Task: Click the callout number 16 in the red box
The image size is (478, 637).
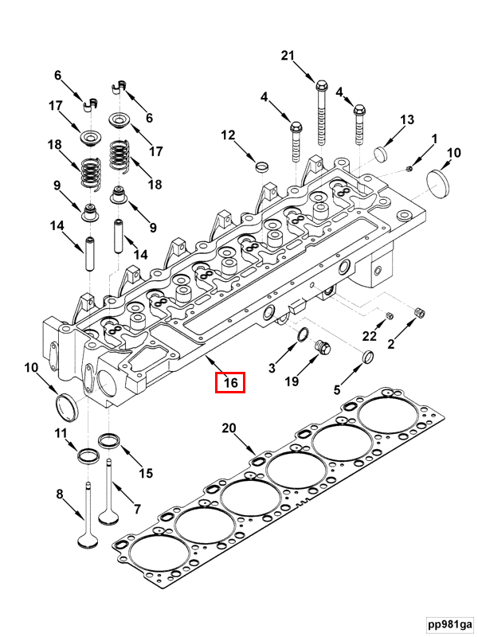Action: pos(230,383)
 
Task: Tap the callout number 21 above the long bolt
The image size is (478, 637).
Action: pos(288,55)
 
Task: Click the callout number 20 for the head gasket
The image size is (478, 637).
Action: pos(229,428)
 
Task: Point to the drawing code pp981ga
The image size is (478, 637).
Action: pos(449,623)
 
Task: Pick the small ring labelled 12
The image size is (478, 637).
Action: pos(261,166)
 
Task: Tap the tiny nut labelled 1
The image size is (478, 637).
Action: pos(408,167)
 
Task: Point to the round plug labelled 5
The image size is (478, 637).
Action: pos(369,356)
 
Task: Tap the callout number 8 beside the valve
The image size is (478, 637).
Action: pos(59,494)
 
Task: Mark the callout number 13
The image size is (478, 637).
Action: pos(407,119)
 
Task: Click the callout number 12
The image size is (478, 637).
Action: pos(229,135)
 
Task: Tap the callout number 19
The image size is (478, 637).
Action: pos(292,382)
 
